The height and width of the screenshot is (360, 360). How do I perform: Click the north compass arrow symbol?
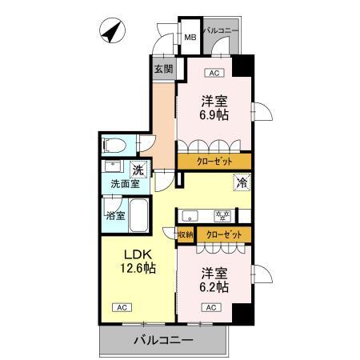click(110, 34)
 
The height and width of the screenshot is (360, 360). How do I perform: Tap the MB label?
click(190, 37)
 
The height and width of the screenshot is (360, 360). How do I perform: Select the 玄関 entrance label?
click(162, 67)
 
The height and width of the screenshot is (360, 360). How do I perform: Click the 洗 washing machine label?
click(138, 170)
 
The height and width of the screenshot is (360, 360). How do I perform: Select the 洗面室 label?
click(124, 183)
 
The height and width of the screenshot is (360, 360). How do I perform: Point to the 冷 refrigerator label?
click(241, 182)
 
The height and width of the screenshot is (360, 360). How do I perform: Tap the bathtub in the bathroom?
click(138, 214)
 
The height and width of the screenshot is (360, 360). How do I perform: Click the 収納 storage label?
click(185, 234)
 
